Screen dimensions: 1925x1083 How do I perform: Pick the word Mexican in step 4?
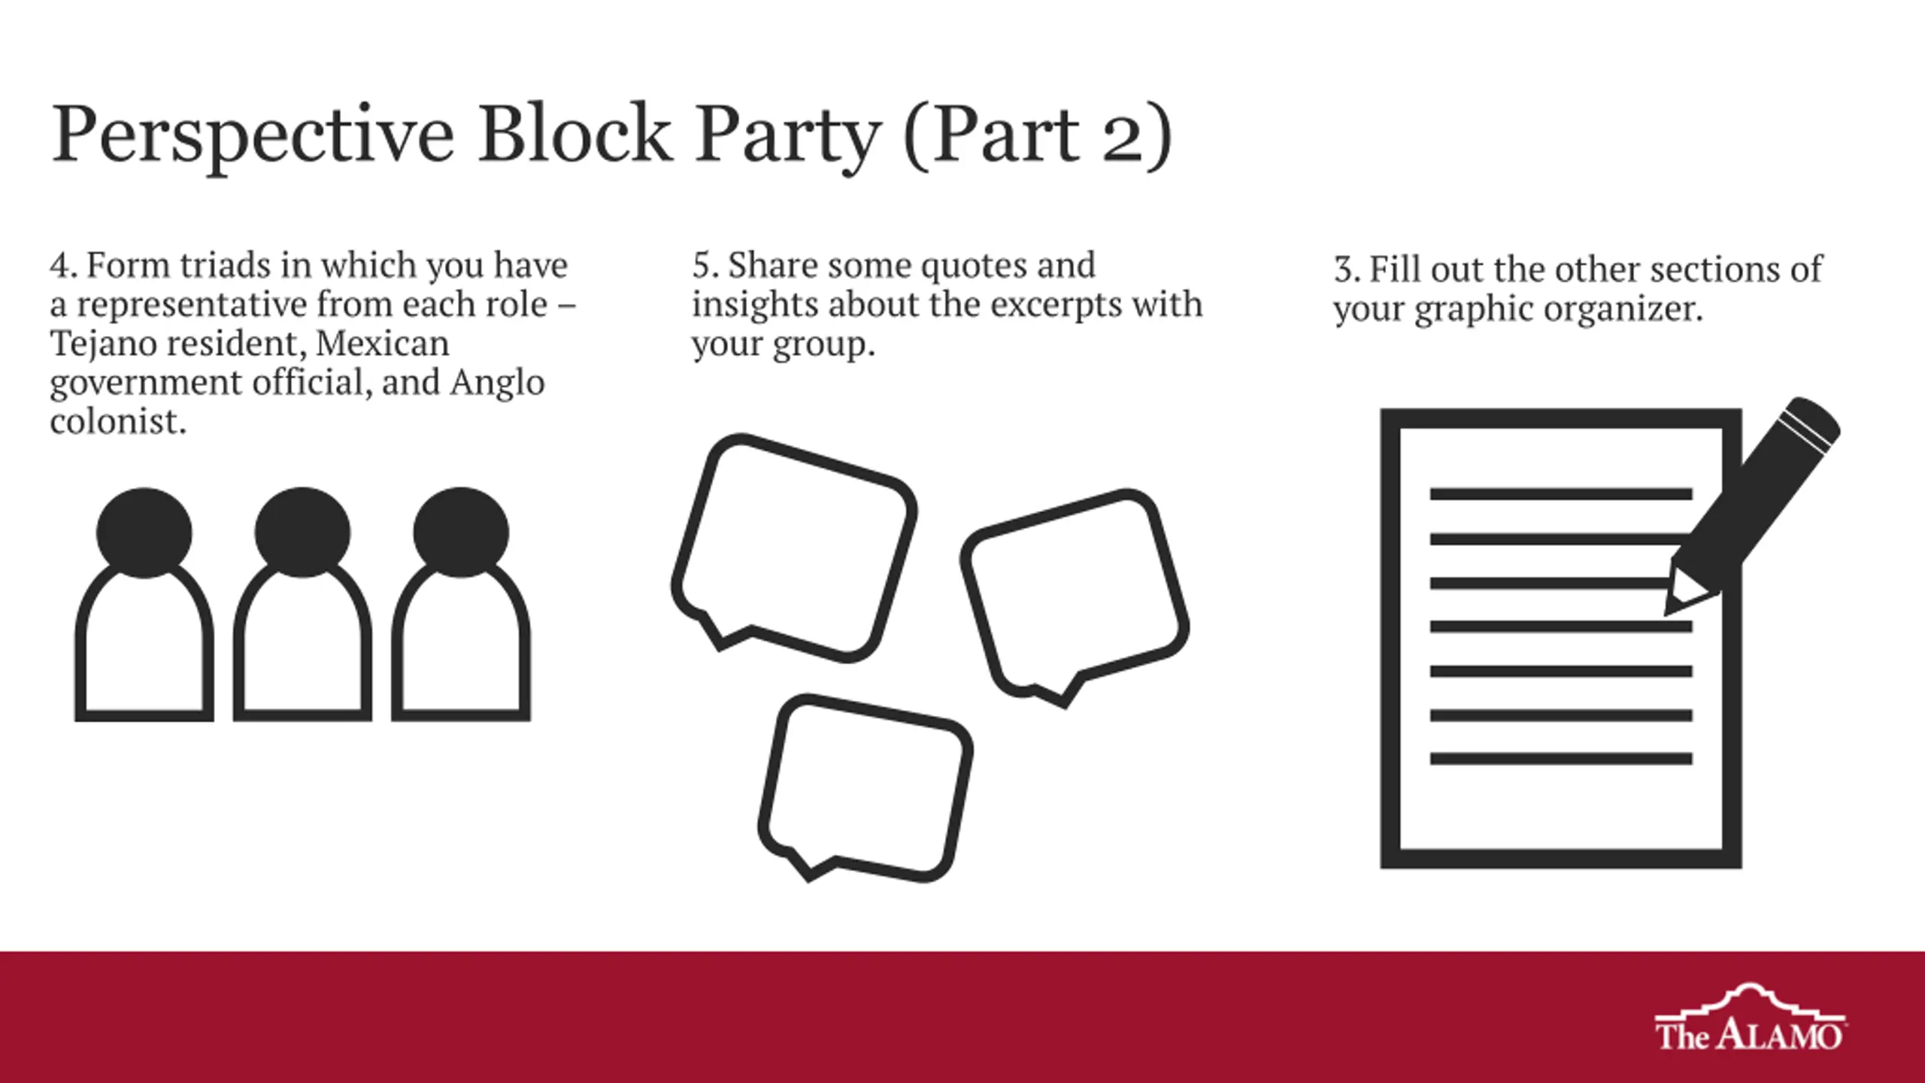(x=382, y=344)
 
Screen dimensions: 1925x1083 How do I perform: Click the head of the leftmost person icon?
(x=144, y=532)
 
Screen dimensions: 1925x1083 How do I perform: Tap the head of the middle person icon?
(x=302, y=532)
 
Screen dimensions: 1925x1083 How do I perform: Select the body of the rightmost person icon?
(x=461, y=711)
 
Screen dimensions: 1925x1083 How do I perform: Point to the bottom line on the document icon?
(x=1561, y=760)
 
